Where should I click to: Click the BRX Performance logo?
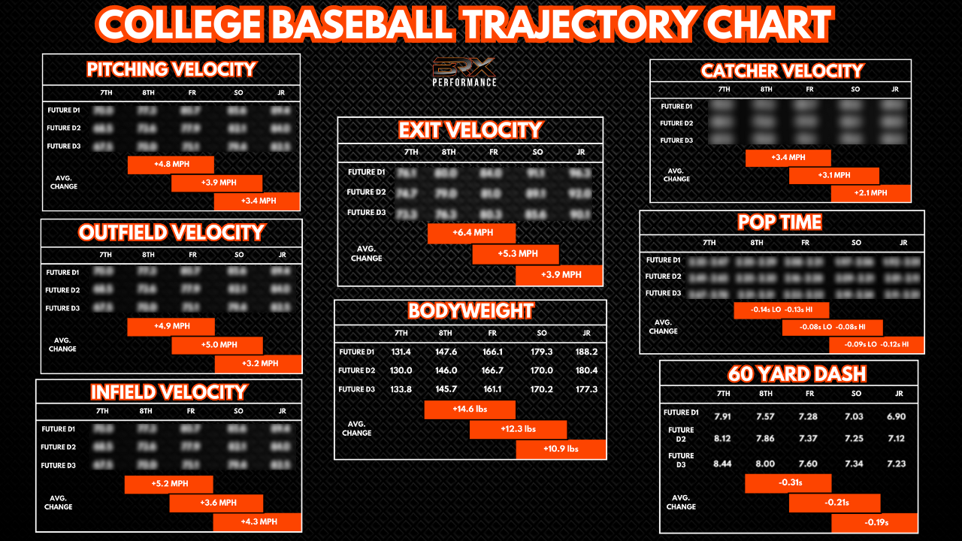(x=464, y=71)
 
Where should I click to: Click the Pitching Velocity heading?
(x=171, y=70)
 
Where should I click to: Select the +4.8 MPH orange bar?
(x=171, y=165)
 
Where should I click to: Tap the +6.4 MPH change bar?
(x=472, y=233)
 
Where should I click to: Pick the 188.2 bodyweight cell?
(x=586, y=352)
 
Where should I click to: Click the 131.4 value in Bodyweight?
(x=401, y=352)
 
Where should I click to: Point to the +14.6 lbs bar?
(x=470, y=410)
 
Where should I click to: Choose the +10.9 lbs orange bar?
(x=561, y=449)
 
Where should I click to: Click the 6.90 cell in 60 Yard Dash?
(x=896, y=416)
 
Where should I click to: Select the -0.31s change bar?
(x=788, y=482)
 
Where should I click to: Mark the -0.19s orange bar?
(x=875, y=522)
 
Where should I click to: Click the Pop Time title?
(x=780, y=222)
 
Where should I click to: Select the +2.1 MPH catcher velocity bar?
(x=871, y=193)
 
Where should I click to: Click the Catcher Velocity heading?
(x=782, y=71)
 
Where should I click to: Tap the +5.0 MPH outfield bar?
(x=217, y=345)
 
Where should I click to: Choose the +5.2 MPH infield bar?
(x=169, y=484)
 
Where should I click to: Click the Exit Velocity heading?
(x=470, y=130)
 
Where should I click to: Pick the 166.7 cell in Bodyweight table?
(x=492, y=370)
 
